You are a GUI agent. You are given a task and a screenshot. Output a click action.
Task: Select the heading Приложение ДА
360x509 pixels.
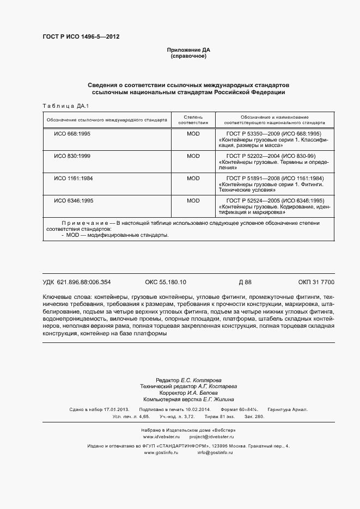188,50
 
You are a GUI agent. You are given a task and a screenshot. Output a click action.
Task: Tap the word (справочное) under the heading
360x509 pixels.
188,56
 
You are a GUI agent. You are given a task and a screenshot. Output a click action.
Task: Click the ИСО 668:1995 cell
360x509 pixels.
72,133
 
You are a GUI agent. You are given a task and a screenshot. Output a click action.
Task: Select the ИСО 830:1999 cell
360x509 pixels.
72,156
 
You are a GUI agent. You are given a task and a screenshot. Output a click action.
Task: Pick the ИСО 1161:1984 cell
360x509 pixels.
74,178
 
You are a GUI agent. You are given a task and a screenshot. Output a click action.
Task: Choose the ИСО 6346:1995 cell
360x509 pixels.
74,200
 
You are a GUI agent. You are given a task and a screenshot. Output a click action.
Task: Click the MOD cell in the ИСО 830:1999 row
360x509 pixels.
193,156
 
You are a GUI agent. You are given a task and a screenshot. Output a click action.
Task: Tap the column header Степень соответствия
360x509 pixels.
193,120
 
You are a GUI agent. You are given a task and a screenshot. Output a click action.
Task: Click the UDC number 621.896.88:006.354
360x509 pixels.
84,282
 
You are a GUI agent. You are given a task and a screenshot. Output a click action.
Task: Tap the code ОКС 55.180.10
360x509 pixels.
166,282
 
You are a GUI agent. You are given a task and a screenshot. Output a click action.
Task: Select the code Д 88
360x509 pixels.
245,282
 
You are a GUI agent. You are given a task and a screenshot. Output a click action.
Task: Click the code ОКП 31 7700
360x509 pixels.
316,282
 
